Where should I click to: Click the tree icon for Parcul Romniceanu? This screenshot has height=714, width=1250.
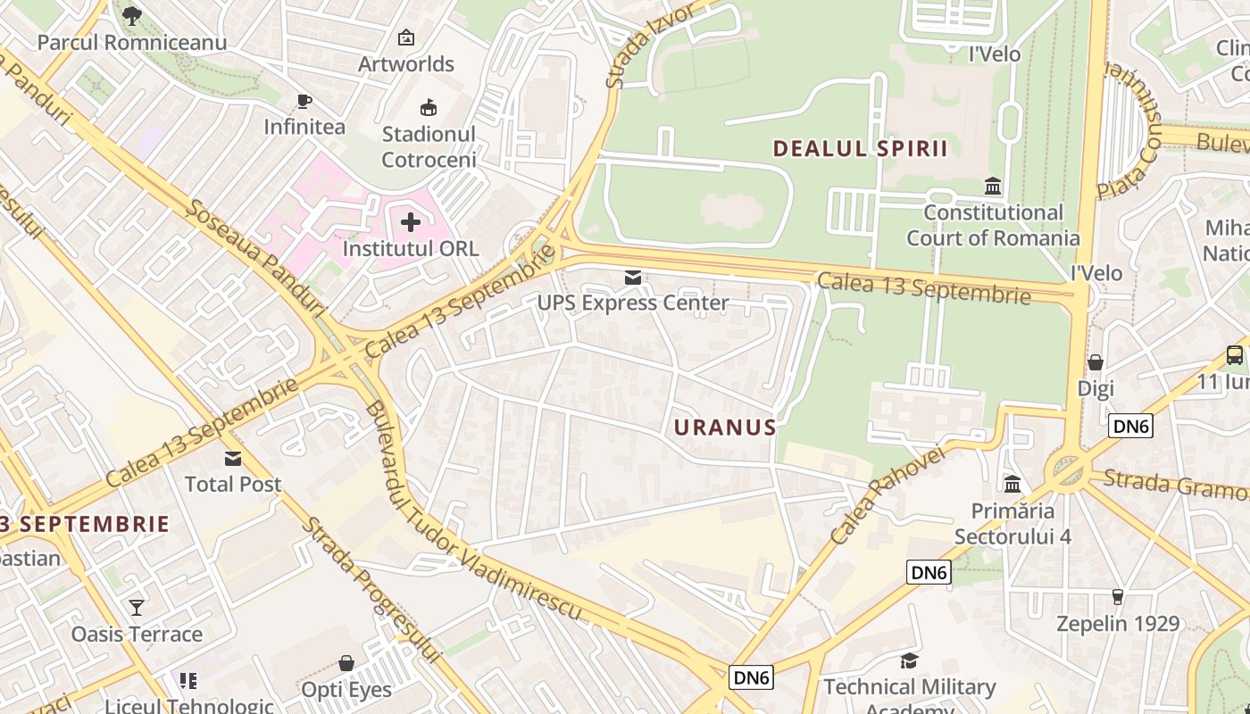tap(132, 15)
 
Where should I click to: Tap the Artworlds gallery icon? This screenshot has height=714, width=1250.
tap(406, 37)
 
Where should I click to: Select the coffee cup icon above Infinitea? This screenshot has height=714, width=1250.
tap(304, 101)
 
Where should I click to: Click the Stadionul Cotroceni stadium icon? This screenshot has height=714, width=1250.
tap(429, 108)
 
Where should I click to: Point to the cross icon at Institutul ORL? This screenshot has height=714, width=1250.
tap(411, 221)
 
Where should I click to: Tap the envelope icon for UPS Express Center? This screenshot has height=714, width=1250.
tap(633, 278)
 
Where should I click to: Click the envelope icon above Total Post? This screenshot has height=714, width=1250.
tap(233, 459)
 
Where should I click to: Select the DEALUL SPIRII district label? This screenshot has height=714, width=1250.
tap(860, 148)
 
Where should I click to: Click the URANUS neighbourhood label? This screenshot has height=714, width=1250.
tap(725, 428)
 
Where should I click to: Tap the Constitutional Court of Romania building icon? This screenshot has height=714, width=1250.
tap(993, 187)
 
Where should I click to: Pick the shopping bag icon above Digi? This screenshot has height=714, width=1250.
tap(1096, 362)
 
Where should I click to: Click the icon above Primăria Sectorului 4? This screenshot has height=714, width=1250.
tap(1012, 484)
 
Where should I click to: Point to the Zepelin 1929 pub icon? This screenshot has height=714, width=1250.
tap(1117, 597)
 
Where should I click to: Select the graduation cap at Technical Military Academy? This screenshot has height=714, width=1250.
tap(909, 660)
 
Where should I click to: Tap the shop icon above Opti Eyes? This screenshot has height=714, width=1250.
tap(346, 663)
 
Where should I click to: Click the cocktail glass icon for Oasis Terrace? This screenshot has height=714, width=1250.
tap(137, 608)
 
